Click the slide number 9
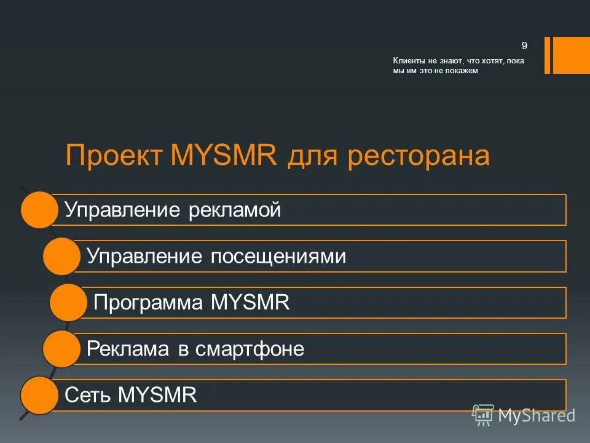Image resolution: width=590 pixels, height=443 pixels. (x=524, y=45)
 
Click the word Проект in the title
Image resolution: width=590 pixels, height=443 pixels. (x=114, y=156)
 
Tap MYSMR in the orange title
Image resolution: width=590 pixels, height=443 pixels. (x=224, y=156)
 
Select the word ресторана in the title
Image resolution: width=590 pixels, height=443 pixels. (x=419, y=156)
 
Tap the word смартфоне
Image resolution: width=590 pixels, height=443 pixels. (x=250, y=349)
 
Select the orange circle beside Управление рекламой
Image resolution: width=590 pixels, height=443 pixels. (x=39, y=210)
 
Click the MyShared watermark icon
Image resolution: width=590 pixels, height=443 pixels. (x=482, y=415)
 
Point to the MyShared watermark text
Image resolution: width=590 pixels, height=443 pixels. (x=536, y=416)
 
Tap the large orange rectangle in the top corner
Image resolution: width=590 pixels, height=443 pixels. (x=571, y=55)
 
